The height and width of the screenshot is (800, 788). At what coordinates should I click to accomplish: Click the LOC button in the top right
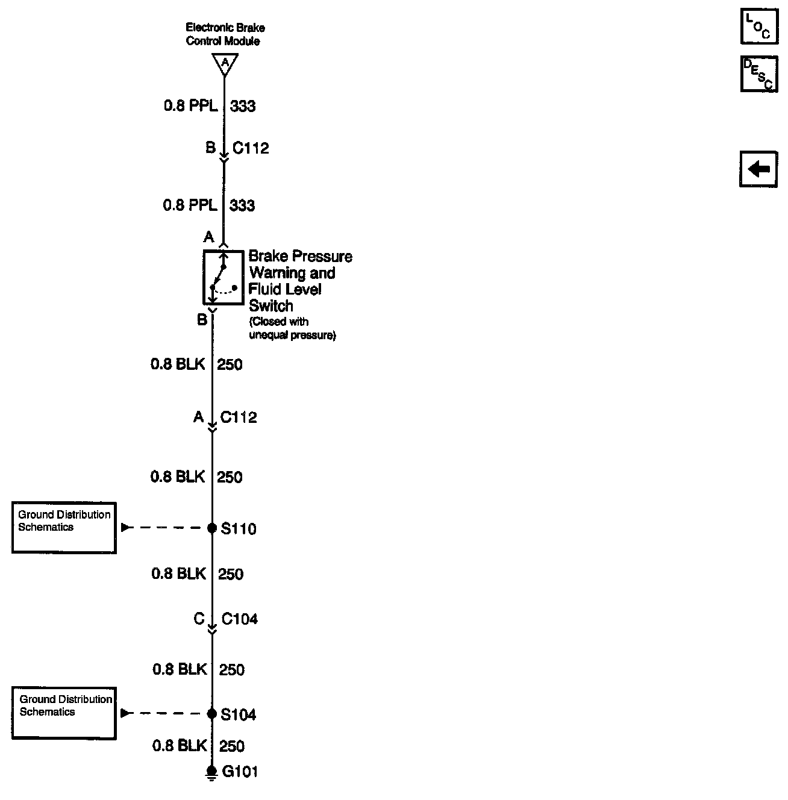pos(758,27)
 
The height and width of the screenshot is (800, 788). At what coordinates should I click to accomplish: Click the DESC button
pos(758,74)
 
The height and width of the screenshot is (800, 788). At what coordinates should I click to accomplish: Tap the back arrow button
pos(758,169)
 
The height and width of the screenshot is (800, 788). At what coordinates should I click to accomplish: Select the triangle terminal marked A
pos(225,63)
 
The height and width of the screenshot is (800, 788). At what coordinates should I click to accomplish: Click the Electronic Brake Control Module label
pos(225,34)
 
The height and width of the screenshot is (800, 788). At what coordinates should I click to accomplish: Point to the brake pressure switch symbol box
pos(223,277)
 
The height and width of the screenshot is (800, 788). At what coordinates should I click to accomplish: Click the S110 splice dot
pos(212,528)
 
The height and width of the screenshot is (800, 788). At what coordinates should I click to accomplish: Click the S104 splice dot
pos(212,714)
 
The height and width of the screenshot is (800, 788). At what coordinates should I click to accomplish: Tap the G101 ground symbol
pos(211,773)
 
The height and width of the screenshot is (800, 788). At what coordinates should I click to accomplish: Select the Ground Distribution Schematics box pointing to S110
pos(64,527)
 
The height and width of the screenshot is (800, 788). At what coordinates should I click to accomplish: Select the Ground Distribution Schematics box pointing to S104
pos(64,713)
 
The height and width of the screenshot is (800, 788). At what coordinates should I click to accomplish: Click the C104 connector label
pos(240,619)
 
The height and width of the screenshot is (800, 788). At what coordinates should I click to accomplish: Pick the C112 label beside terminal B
pos(251,148)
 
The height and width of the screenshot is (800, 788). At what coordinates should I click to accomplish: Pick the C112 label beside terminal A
pos(239,417)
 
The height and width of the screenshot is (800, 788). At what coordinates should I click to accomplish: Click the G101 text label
pos(240,772)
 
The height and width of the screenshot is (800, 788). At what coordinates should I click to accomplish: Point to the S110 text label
pos(239,529)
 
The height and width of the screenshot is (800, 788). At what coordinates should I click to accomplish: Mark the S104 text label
pos(239,714)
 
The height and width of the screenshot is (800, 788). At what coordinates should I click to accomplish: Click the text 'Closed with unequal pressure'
pos(292,328)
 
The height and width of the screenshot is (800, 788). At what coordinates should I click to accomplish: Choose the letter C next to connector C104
pos(199,619)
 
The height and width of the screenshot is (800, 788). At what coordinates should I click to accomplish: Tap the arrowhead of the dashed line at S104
pos(125,713)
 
